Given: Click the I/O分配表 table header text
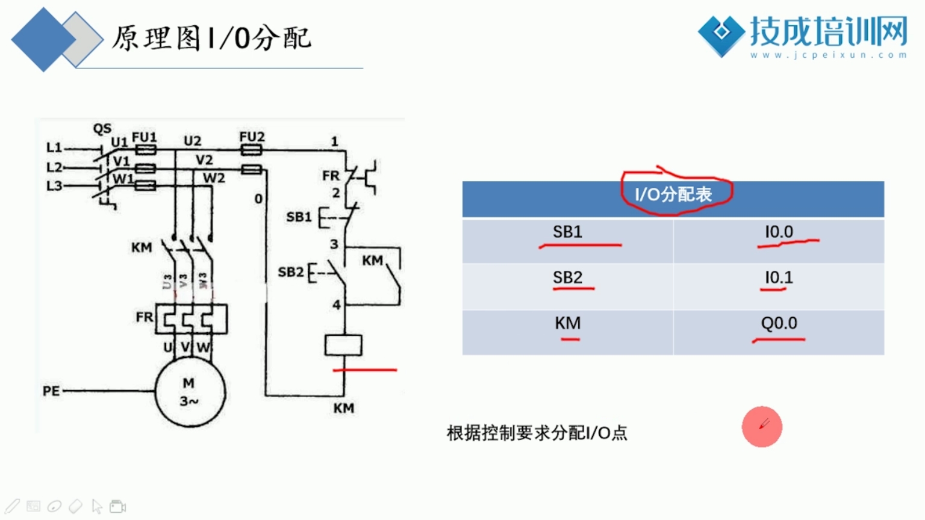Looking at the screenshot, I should pyautogui.click(x=673, y=194).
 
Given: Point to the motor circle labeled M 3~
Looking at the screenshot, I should pyautogui.click(x=190, y=392).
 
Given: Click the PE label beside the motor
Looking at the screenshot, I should pyautogui.click(x=51, y=391).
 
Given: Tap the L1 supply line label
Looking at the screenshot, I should pyautogui.click(x=54, y=147).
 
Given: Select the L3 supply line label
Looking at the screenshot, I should pyautogui.click(x=54, y=185).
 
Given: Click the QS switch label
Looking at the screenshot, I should pyautogui.click(x=102, y=129).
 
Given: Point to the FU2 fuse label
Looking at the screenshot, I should pyautogui.click(x=252, y=137).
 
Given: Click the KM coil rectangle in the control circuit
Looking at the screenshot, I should pyautogui.click(x=343, y=345).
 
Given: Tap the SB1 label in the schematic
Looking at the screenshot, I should pyautogui.click(x=299, y=217).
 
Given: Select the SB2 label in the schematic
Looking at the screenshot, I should pyautogui.click(x=291, y=272).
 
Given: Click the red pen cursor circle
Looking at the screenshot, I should pyautogui.click(x=762, y=427).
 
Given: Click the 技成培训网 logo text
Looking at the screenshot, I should pyautogui.click(x=828, y=31).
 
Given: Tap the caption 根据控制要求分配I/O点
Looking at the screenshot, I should pyautogui.click(x=537, y=433).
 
